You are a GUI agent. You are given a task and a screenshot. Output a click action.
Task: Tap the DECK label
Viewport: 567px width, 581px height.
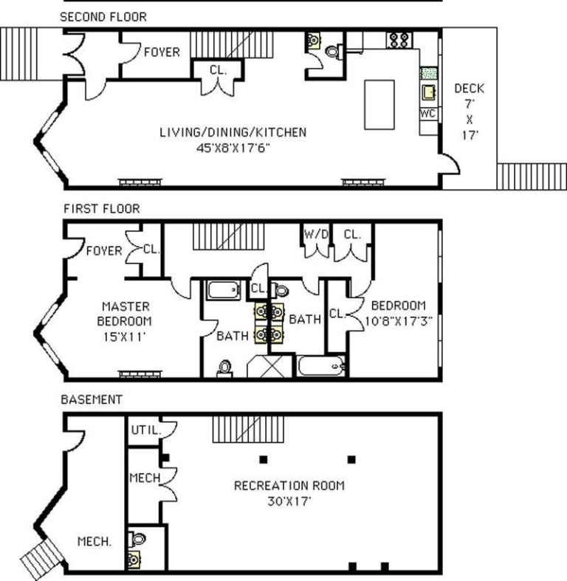pos(470,89)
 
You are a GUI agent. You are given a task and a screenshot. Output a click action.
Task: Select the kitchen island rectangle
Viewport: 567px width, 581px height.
pos(379,105)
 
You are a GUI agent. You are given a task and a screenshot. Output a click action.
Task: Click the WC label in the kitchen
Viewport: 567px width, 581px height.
pos(427,114)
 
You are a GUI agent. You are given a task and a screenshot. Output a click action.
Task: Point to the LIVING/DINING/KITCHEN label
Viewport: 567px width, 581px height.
pos(233,133)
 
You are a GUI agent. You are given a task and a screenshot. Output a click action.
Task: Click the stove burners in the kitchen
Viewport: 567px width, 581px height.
pos(399,39)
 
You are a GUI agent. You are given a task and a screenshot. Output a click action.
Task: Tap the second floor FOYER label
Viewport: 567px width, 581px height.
pos(162,52)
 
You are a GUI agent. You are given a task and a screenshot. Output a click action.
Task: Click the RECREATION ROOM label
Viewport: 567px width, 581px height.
pos(289,486)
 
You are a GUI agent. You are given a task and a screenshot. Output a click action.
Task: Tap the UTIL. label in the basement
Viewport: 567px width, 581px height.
pos(144,430)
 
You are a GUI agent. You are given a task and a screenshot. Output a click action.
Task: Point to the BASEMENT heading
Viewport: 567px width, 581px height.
pos(91,399)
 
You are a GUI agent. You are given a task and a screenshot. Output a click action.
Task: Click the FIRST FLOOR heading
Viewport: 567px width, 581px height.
pos(100,209)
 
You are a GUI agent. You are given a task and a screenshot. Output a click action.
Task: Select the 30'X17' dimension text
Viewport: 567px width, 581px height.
pos(289,501)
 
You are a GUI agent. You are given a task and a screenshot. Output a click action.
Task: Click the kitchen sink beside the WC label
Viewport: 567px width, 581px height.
pos(428,92)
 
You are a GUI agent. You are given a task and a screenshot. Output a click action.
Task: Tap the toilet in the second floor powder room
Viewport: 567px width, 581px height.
pos(331,52)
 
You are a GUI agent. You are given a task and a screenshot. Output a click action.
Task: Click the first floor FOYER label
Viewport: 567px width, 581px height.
pos(104,251)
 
